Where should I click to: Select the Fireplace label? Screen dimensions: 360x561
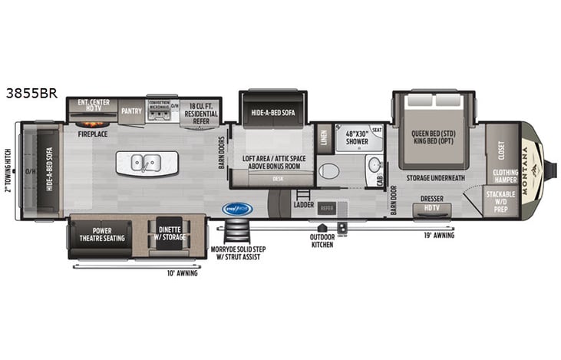tap(91, 134)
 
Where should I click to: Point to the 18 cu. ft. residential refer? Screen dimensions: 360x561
tap(200, 114)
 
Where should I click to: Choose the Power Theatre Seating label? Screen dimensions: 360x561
tap(97, 233)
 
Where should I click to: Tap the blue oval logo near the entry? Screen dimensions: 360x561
tap(237, 208)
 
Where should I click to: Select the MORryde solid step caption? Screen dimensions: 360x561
tap(235, 253)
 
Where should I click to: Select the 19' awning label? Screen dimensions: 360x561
tap(439, 235)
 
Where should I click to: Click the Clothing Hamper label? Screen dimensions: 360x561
tap(505, 176)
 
